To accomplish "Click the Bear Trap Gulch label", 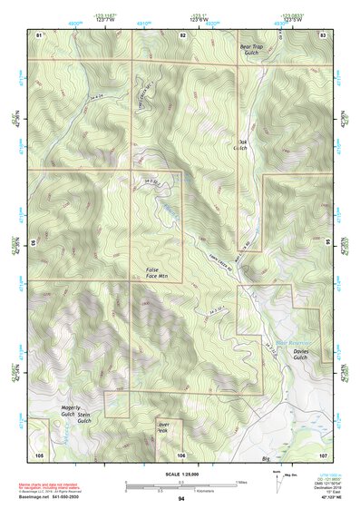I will point(249,51).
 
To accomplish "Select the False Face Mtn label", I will point(158,273).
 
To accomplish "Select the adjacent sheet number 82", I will point(182,34).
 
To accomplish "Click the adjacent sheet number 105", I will point(39,453).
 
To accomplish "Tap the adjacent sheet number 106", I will point(182,453).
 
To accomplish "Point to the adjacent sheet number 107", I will point(323,453).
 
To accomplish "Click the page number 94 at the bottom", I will point(181,499).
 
